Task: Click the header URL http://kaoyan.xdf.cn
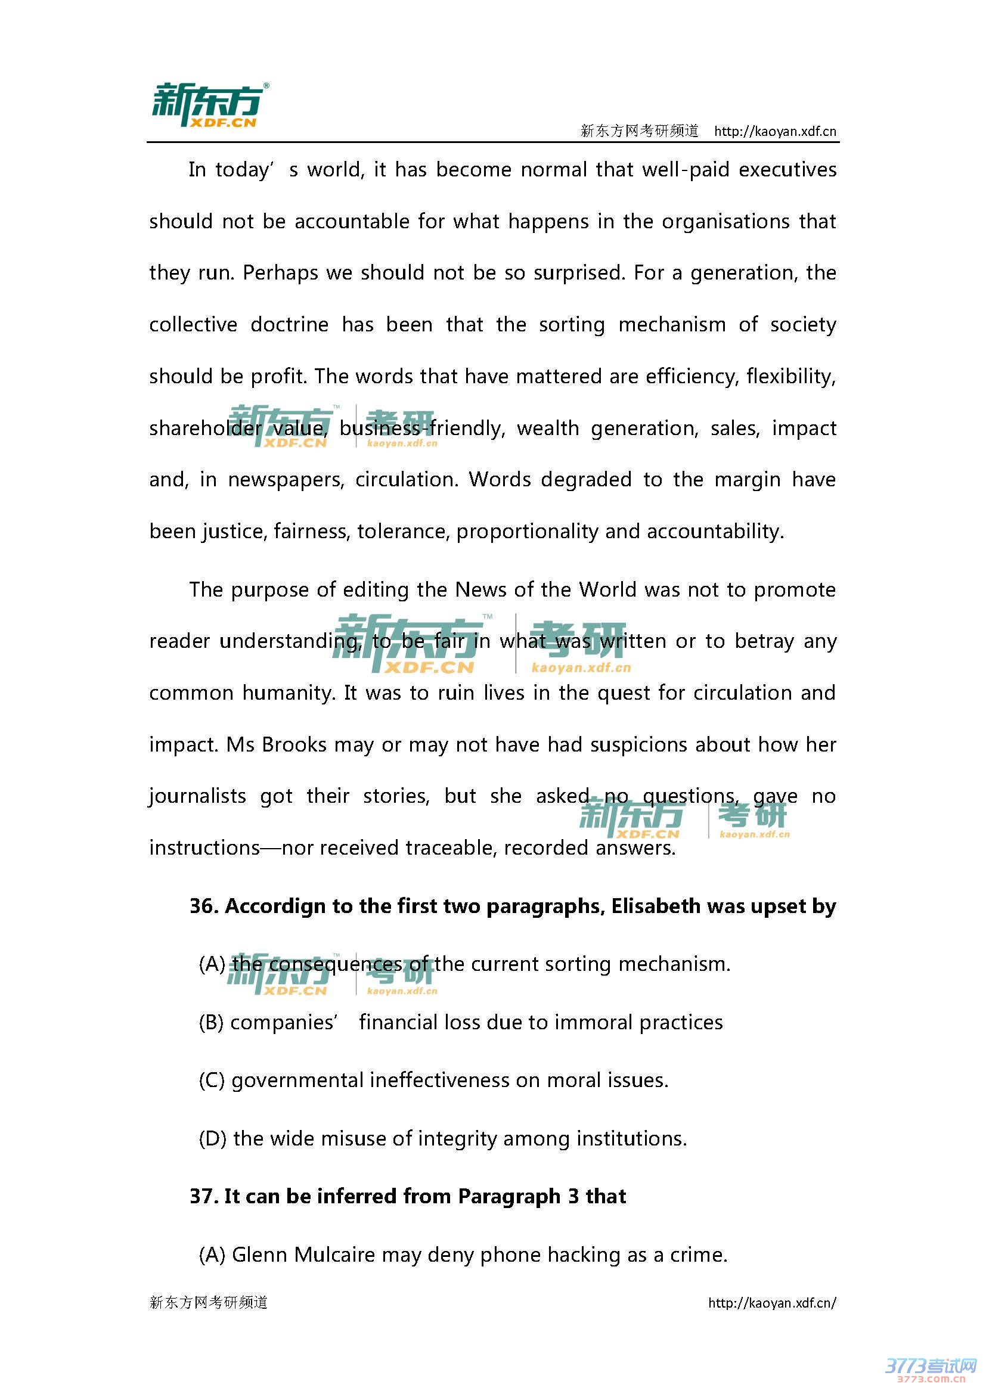click(x=775, y=131)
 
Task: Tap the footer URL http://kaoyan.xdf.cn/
click(x=771, y=1302)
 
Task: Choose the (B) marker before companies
click(x=211, y=1023)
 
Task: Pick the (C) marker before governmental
click(x=211, y=1080)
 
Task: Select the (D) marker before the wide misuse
click(x=212, y=1138)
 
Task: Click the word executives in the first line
click(x=787, y=169)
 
